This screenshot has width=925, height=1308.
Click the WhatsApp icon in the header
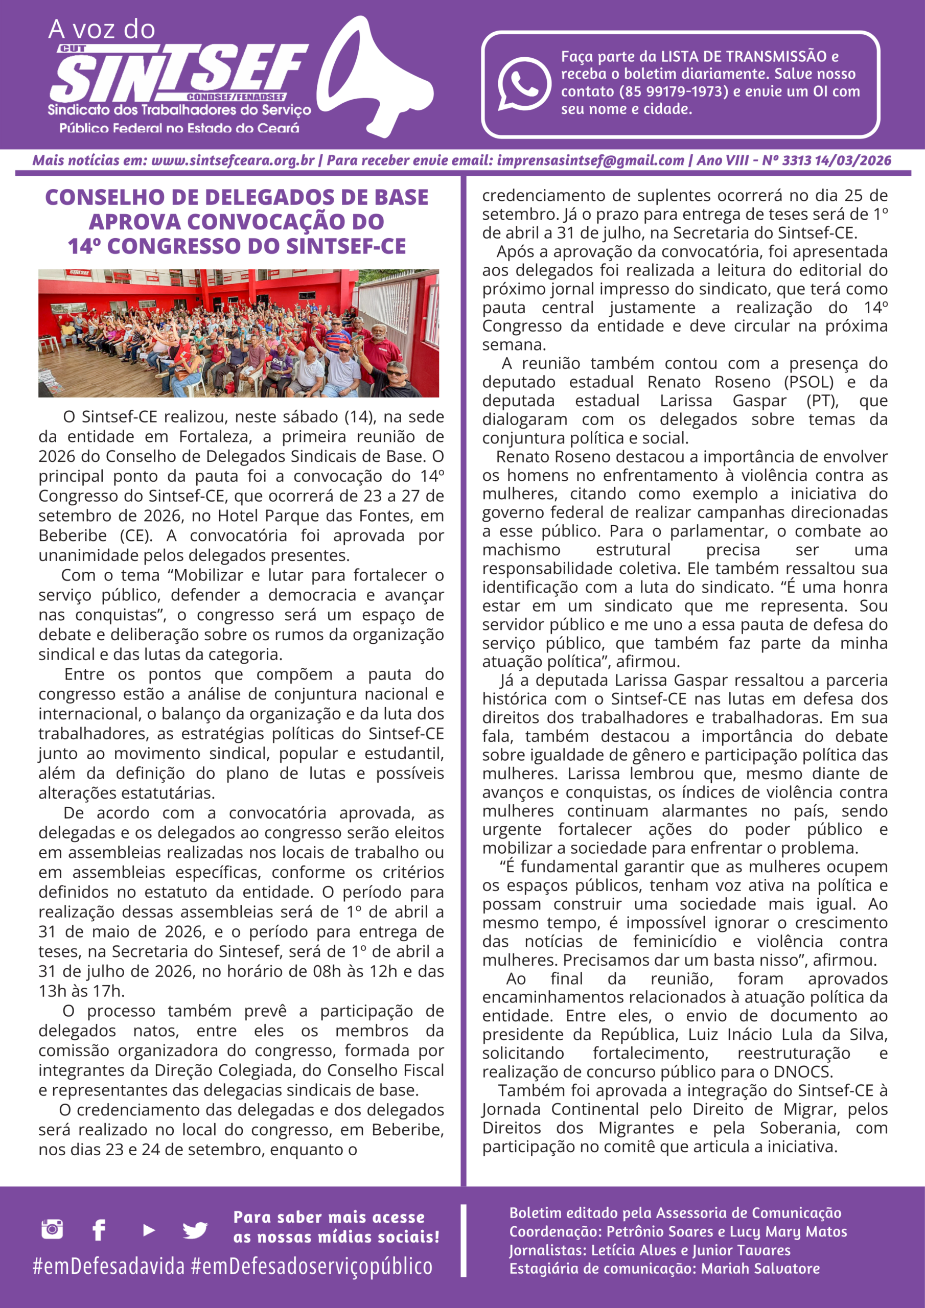pyautogui.click(x=523, y=84)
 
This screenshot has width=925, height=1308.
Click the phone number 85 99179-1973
pyautogui.click(x=674, y=91)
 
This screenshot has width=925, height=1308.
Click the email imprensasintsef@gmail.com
pyautogui.click(x=590, y=160)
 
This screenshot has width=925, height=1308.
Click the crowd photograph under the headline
pyautogui.click(x=238, y=333)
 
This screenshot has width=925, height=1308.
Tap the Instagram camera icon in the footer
pyautogui.click(x=52, y=1229)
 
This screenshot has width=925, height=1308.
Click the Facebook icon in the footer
pyautogui.click(x=99, y=1230)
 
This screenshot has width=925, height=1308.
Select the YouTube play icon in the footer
pyautogui.click(x=149, y=1230)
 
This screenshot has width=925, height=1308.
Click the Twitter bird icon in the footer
pyautogui.click(x=195, y=1230)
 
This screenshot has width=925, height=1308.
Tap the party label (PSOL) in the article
pyautogui.click(x=808, y=382)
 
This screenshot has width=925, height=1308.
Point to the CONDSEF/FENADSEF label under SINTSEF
pyautogui.click(x=236, y=98)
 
